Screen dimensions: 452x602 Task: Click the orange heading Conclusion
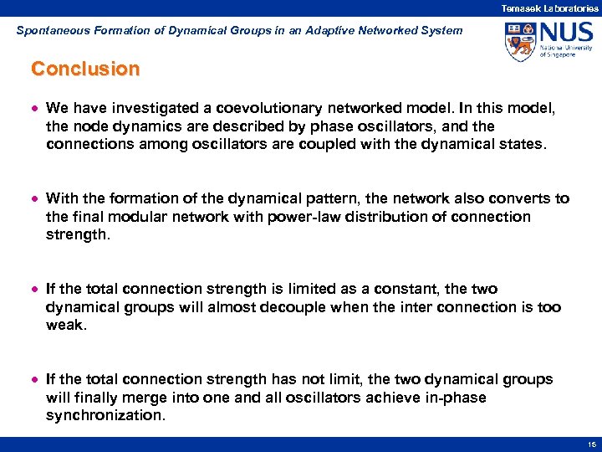click(84, 69)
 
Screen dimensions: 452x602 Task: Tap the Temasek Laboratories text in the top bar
click(549, 8)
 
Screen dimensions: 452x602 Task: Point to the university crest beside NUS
click(520, 42)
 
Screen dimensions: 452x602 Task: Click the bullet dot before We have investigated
click(35, 109)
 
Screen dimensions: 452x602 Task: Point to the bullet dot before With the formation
click(35, 199)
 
